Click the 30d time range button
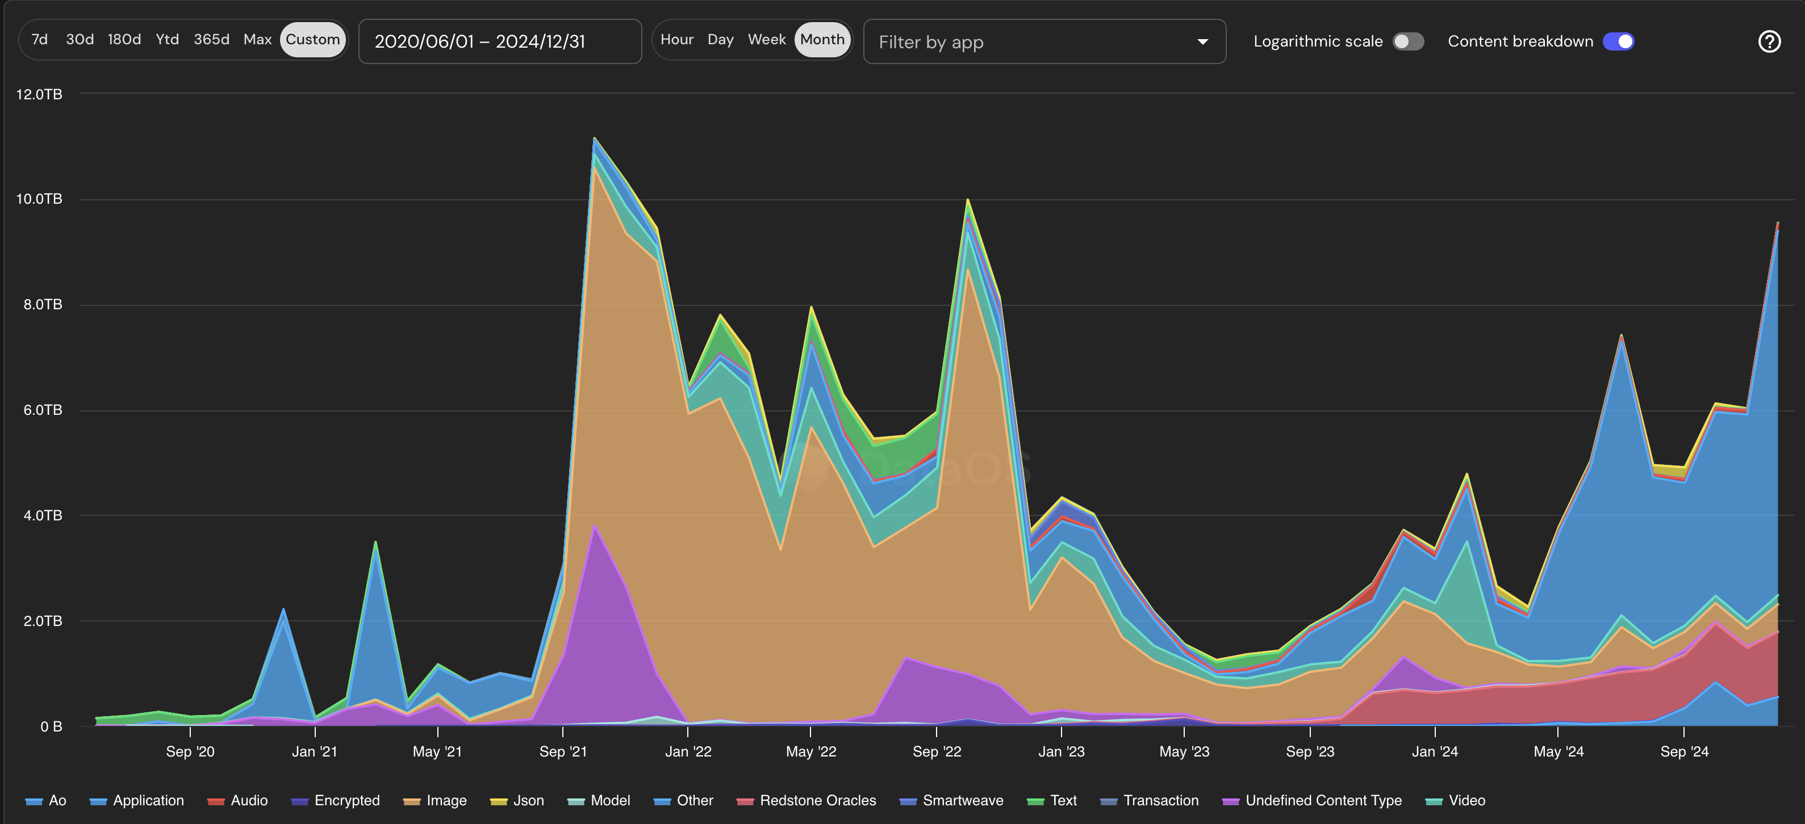79,40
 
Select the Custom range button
312,40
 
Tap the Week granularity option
767,40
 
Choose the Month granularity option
822,40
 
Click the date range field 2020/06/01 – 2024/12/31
500,42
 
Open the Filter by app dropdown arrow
1202,42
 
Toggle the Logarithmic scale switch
1407,42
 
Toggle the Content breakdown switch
1618,42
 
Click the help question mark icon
1769,42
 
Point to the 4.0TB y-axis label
42,516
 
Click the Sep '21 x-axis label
563,752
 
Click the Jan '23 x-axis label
1061,752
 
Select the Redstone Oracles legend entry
817,801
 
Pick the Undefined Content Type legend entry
1323,801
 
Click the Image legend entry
446,801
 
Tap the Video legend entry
1466,801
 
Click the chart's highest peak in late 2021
594,138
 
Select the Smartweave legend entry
962,801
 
